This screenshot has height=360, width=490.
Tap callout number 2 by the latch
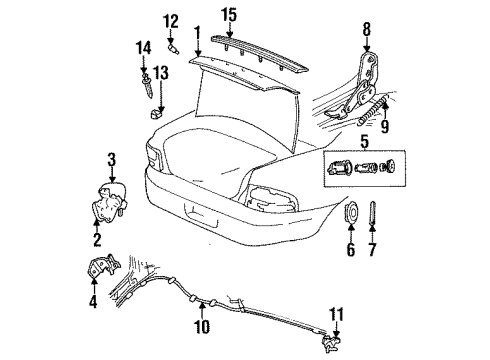tap(97, 240)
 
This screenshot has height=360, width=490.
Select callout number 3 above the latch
tap(112, 158)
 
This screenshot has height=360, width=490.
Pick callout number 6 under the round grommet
tap(349, 250)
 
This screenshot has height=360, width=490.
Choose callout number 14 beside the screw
tap(143, 47)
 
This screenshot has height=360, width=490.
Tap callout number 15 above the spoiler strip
tap(229, 14)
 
